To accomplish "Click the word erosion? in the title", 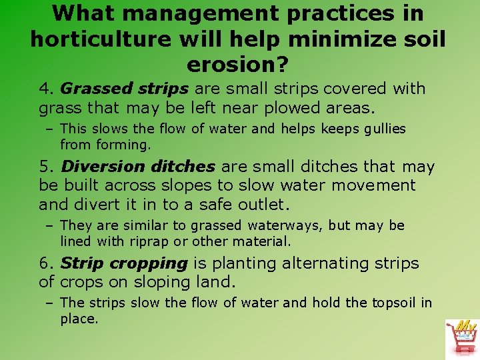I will pyautogui.click(x=239, y=65).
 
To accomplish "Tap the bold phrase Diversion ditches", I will pyautogui.click(x=138, y=167).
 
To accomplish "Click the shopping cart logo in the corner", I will pyautogui.click(x=462, y=338).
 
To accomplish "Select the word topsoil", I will pyautogui.click(x=393, y=303).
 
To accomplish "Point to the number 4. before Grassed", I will pyautogui.click(x=46, y=89).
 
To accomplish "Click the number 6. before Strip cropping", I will pyautogui.click(x=46, y=263).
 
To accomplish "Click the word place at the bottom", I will pyautogui.click(x=79, y=319).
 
